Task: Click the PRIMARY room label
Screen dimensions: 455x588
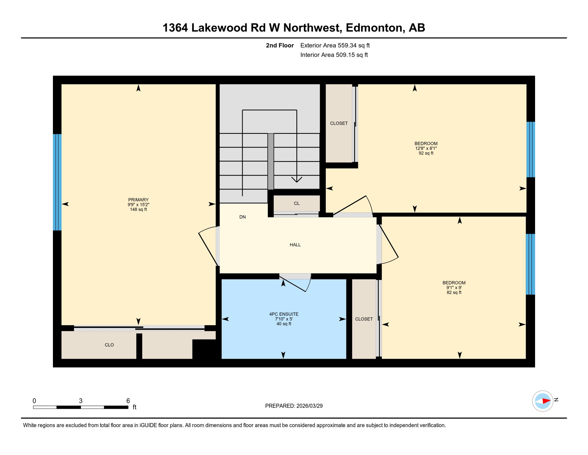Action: (138, 200)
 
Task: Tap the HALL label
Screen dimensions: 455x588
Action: (295, 245)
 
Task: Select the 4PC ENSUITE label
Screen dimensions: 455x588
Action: (284, 314)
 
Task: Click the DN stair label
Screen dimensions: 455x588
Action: (242, 217)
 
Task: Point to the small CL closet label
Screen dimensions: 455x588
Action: (297, 203)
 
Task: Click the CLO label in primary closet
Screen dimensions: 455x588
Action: (109, 345)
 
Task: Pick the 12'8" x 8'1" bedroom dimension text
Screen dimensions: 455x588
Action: (426, 148)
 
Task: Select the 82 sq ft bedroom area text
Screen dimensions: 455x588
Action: (454, 292)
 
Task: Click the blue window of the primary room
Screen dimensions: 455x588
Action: (57, 182)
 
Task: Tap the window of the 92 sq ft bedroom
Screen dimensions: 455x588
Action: (531, 149)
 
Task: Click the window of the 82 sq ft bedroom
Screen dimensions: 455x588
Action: (530, 264)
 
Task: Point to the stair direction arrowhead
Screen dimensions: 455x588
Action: (297, 180)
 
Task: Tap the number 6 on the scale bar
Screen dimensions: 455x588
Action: (128, 401)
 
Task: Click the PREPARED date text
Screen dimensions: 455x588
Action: (294, 406)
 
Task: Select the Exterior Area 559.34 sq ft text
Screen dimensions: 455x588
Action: (335, 45)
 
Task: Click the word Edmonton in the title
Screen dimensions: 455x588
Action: (374, 28)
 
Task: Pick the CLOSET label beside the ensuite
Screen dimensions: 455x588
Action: (364, 319)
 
